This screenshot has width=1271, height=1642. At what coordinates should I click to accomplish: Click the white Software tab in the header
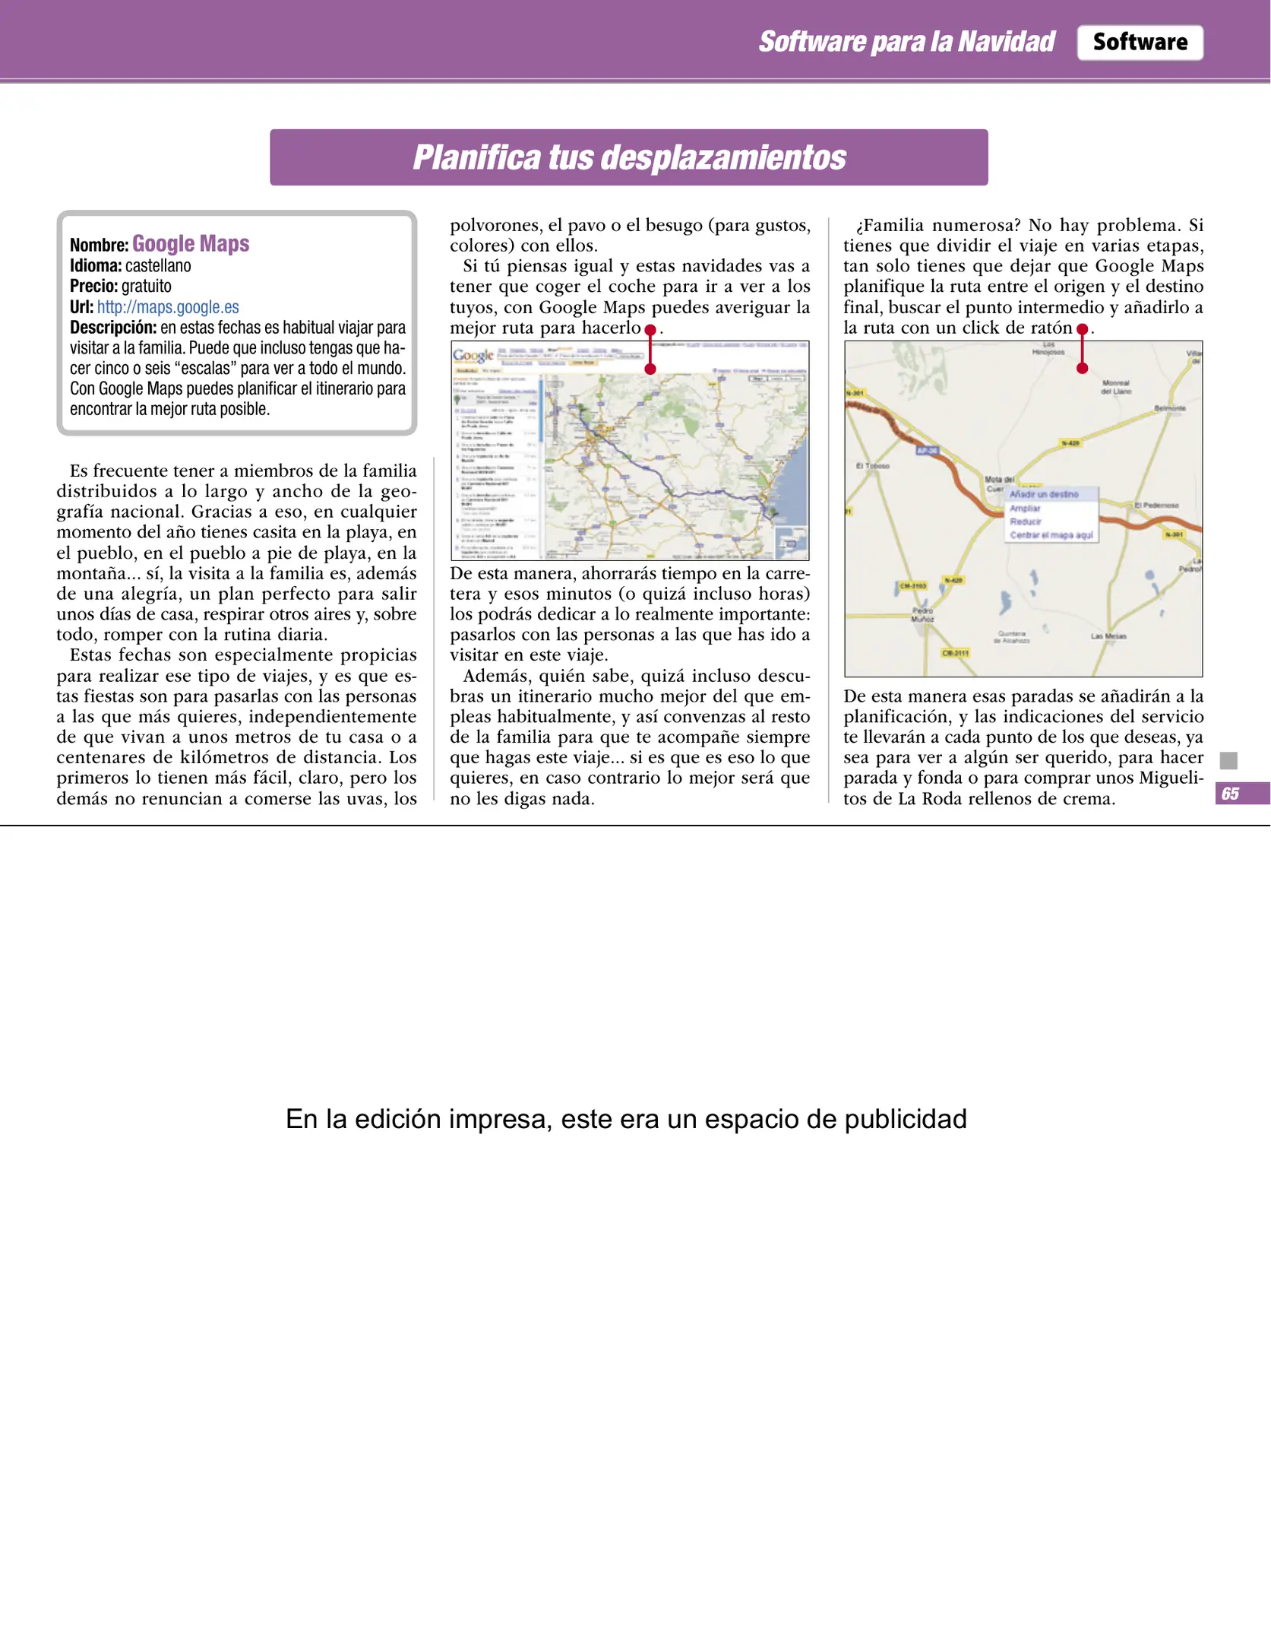pyautogui.click(x=1139, y=43)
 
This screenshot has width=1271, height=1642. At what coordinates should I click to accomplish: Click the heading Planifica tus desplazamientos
pyautogui.click(x=629, y=157)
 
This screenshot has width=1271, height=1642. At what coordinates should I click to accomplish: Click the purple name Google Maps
pyautogui.click(x=191, y=243)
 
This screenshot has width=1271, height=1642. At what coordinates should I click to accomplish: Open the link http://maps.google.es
pyautogui.click(x=168, y=307)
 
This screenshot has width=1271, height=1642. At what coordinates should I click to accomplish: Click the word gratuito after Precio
pyautogui.click(x=147, y=287)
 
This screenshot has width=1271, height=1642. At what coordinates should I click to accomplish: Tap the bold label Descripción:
pyautogui.click(x=113, y=328)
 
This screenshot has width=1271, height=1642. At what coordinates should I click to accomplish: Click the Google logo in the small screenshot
pyautogui.click(x=473, y=355)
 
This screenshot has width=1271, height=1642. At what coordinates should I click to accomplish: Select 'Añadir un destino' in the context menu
pyautogui.click(x=1044, y=494)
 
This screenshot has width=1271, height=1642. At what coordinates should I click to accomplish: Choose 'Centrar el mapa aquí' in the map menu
pyautogui.click(x=1051, y=535)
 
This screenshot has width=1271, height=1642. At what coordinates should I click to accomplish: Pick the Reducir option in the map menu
pyautogui.click(x=1025, y=521)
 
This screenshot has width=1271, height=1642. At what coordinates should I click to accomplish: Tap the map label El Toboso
pyautogui.click(x=872, y=466)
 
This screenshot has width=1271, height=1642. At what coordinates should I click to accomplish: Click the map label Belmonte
pyautogui.click(x=1169, y=408)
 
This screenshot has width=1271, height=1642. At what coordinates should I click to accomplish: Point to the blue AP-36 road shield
pyautogui.click(x=927, y=450)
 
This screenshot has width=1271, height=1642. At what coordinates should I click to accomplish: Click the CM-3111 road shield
pyautogui.click(x=955, y=653)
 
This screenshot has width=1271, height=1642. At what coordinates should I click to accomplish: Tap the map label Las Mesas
pyautogui.click(x=1108, y=636)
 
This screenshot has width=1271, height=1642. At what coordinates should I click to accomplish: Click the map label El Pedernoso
pyautogui.click(x=1156, y=506)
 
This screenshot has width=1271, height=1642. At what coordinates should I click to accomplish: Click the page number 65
pyautogui.click(x=1230, y=794)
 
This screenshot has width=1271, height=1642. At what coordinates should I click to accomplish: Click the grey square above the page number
pyautogui.click(x=1228, y=760)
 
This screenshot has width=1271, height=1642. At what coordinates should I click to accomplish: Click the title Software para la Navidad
pyautogui.click(x=906, y=42)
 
